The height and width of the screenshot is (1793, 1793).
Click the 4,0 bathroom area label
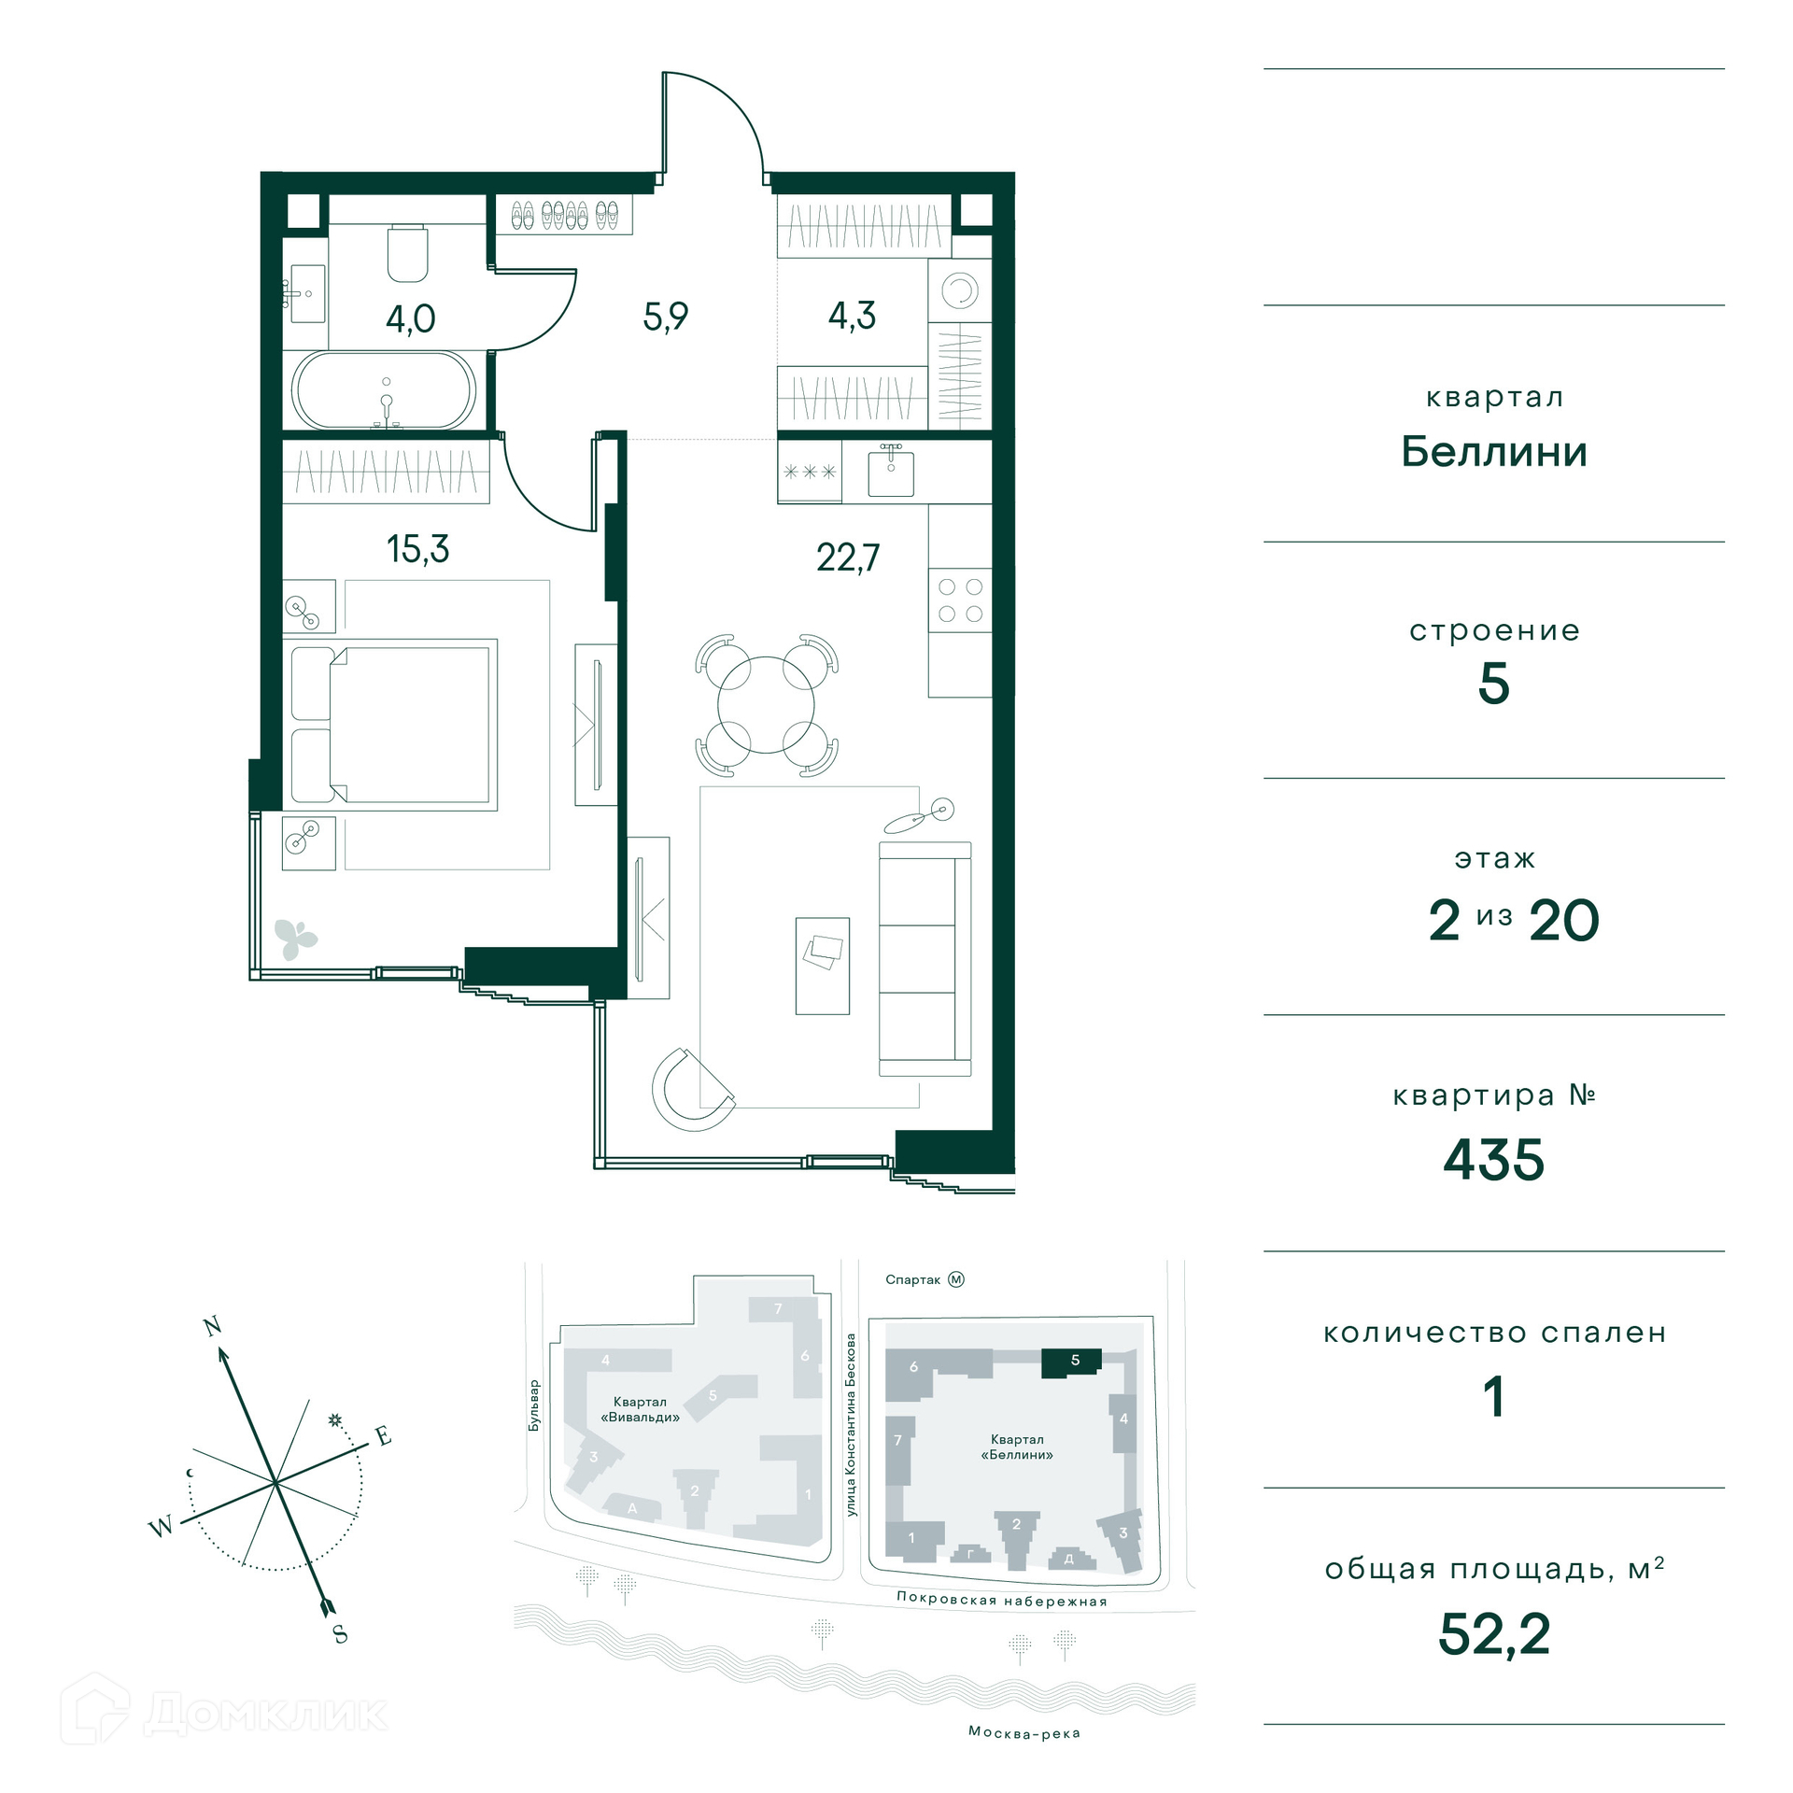[x=411, y=319]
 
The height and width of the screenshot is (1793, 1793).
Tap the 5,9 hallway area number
[x=665, y=317]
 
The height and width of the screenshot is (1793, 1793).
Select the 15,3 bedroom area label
[x=417, y=549]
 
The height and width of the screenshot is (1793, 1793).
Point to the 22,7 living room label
[x=848, y=558]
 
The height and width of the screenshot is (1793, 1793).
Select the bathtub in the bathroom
[x=384, y=390]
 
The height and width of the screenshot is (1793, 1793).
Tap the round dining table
[x=766, y=705]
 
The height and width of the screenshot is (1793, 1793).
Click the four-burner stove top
[x=960, y=600]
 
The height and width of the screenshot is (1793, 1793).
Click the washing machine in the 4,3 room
[x=959, y=290]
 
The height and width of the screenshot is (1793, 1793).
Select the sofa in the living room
[x=925, y=959]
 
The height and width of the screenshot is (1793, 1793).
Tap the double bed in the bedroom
[x=394, y=725]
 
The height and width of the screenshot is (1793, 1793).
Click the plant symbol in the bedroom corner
[x=295, y=939]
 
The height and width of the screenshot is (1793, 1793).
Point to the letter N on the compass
[x=213, y=1326]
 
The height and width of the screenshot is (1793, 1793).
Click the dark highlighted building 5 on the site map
[x=1071, y=1362]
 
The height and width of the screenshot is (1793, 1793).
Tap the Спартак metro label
[x=912, y=1280]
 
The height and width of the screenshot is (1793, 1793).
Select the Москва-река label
[x=1024, y=1733]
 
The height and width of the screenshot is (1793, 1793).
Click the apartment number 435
[x=1493, y=1161]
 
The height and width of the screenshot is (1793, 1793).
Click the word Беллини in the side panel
[x=1494, y=452]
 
